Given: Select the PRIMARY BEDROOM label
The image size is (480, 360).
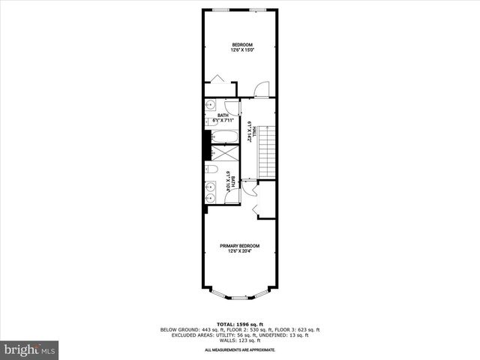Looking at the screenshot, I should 240,246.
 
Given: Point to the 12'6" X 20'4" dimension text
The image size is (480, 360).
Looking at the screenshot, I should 240,252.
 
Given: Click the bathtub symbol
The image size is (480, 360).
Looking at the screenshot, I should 223,136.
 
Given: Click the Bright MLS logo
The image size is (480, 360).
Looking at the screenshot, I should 30,349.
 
